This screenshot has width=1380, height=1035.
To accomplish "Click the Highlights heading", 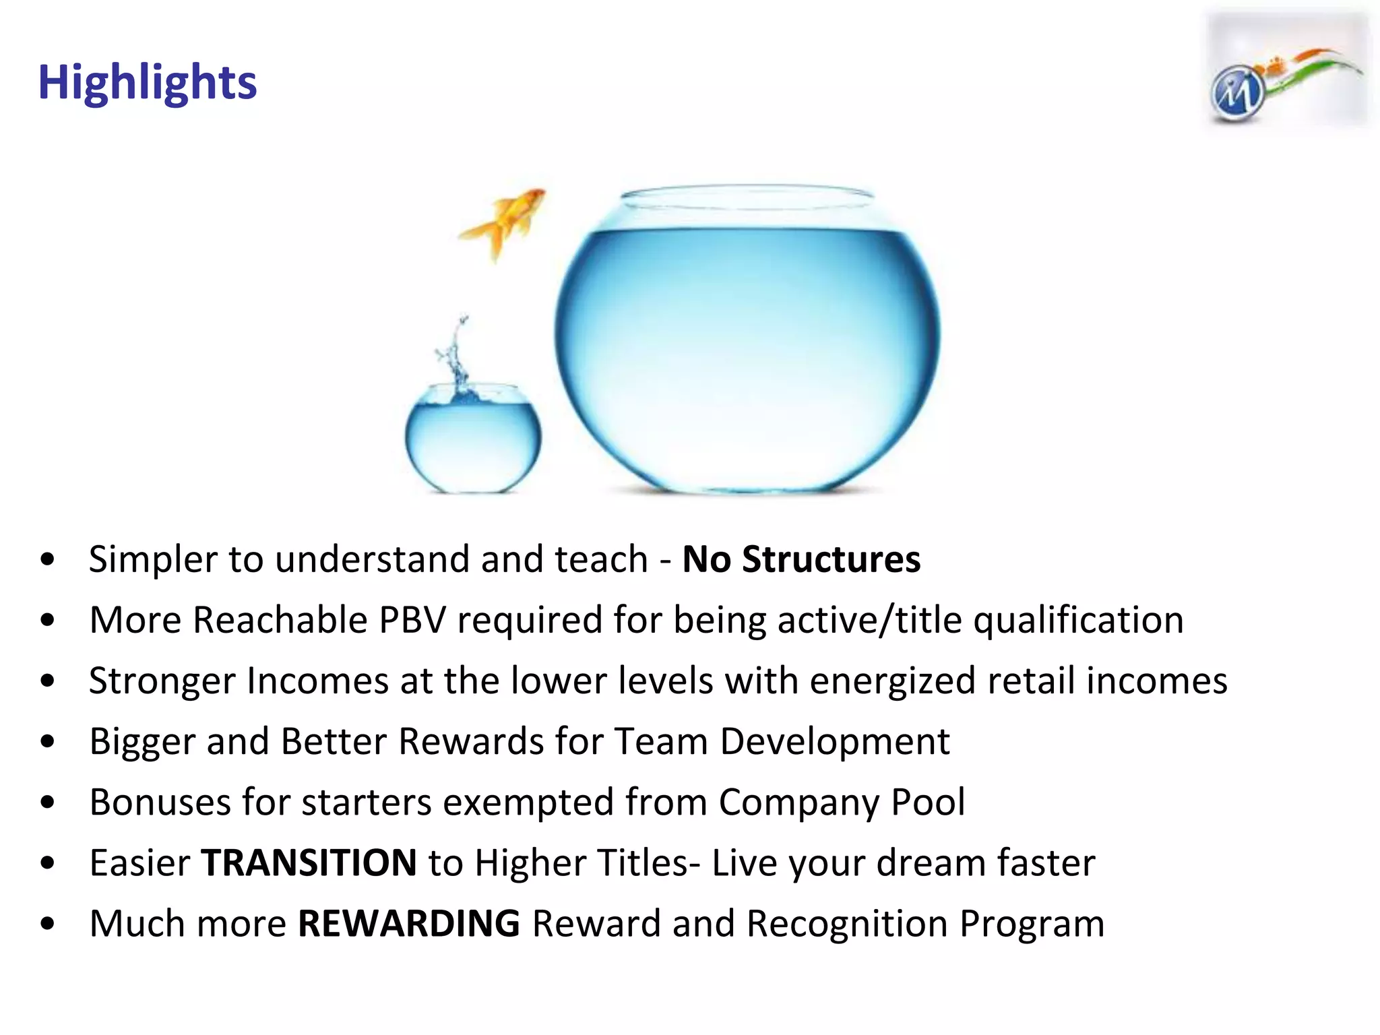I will point(147,82).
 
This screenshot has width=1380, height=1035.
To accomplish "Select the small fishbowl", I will point(472,437).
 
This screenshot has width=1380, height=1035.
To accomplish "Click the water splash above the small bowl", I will point(457,357).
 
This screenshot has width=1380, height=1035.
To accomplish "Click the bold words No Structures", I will point(801,559).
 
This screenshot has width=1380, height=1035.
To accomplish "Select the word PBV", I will point(412,620).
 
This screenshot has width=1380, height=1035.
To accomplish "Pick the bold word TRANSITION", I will point(309,863).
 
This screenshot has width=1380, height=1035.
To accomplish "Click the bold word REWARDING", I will point(409,924).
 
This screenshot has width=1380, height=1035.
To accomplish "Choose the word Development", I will point(835,741).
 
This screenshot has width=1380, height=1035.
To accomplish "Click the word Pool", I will point(928,802).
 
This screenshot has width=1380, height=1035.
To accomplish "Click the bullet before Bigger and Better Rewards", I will point(47,742).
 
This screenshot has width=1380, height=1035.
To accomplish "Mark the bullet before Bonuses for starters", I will point(47,803).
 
